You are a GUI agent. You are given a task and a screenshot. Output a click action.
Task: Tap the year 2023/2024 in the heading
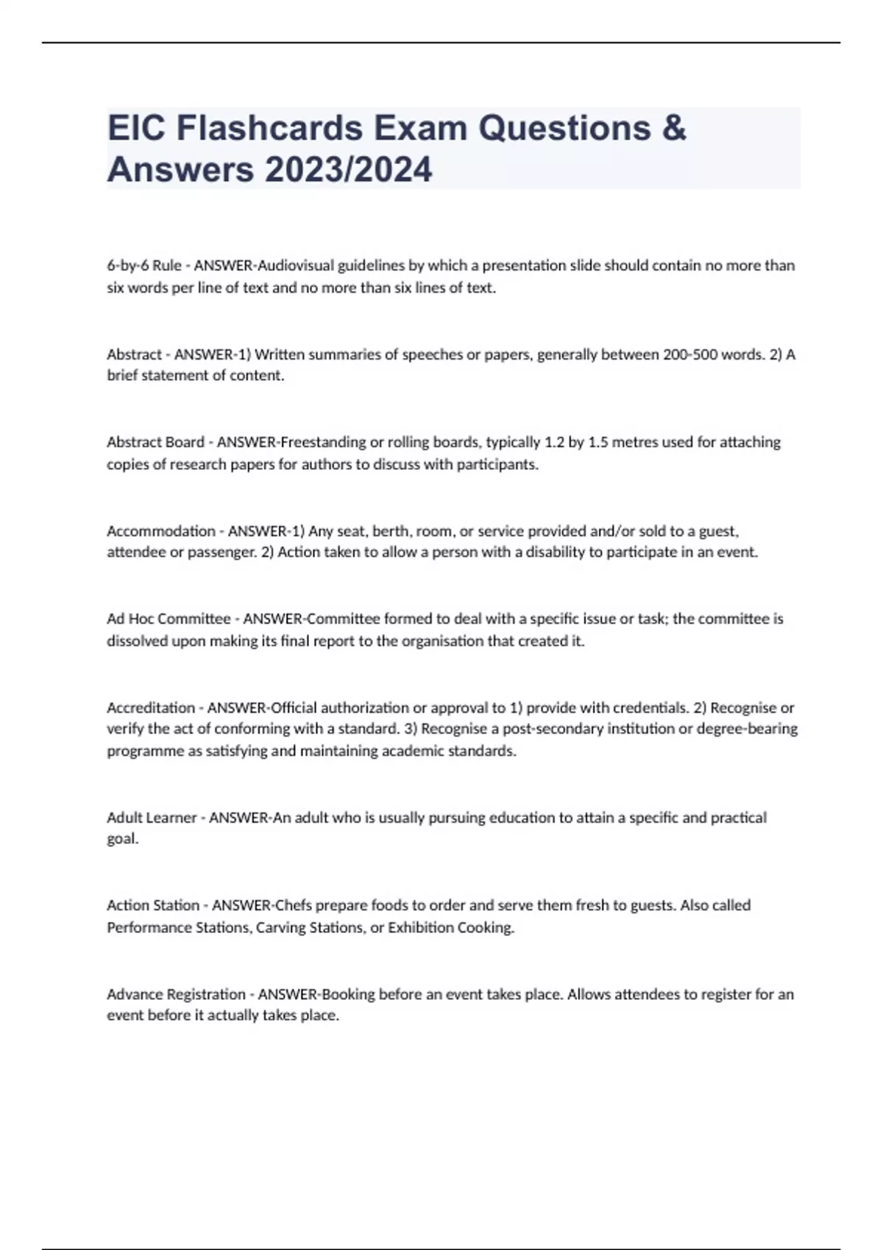click(348, 170)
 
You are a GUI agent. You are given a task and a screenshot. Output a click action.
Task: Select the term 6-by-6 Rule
click(144, 265)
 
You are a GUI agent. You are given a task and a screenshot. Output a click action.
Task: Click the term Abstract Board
click(155, 442)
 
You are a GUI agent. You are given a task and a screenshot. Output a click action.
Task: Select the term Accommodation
click(161, 531)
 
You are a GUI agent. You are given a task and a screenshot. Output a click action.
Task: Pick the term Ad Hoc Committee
click(169, 619)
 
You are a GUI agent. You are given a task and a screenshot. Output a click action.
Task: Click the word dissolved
click(137, 641)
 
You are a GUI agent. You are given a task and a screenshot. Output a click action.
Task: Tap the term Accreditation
click(151, 707)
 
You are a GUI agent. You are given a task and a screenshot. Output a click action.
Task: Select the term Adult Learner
click(152, 818)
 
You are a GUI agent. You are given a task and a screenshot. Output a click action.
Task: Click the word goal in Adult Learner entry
click(121, 839)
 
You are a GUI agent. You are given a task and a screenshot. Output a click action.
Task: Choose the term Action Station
click(153, 905)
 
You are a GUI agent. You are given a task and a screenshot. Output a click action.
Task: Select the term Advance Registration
click(176, 994)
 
